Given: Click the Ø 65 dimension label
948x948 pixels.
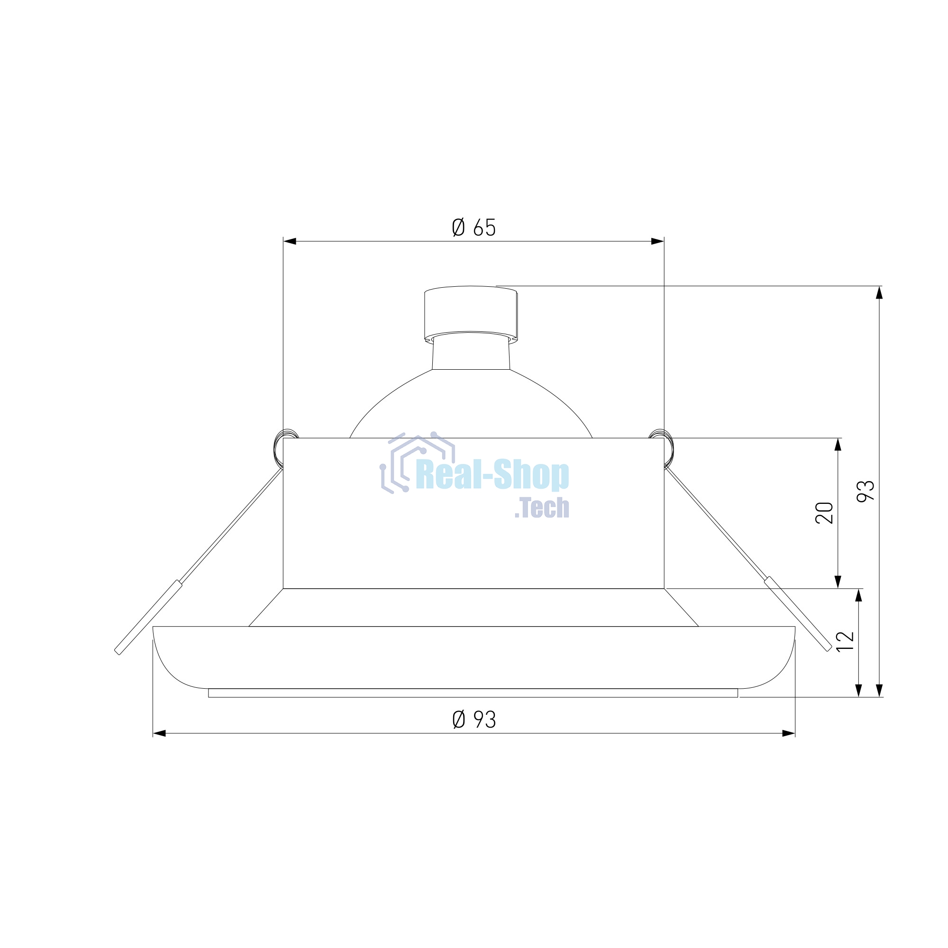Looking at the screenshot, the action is click(x=474, y=227).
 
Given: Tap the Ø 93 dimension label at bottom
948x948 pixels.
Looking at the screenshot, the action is click(x=474, y=720).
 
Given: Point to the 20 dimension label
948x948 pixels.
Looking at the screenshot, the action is click(x=824, y=513).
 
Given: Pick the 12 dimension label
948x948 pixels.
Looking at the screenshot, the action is click(x=845, y=641).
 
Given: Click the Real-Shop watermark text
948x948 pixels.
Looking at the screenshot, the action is click(x=492, y=474).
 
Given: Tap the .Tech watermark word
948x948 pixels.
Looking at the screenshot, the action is click(x=542, y=508).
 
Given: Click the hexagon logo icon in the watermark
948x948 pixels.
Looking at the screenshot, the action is click(x=417, y=463).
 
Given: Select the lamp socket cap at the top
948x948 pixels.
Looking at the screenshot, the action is click(x=471, y=313).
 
